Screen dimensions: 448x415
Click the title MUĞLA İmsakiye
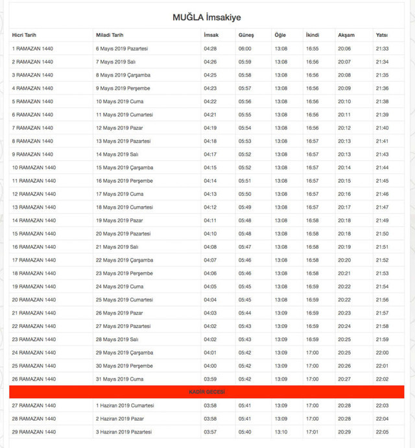pos(207,17)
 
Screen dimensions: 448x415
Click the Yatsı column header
pos(382,34)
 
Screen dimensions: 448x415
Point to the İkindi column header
pos(313,34)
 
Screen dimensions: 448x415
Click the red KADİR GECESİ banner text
pos(207,392)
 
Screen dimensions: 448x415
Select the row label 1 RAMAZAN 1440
pos(32,49)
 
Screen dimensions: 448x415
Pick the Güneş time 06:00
pos(245,49)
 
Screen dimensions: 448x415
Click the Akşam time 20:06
pos(344,49)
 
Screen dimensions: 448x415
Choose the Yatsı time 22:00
pos(382,353)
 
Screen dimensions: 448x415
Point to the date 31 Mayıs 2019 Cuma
pos(119,379)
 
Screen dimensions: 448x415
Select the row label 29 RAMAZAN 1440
pos(33,432)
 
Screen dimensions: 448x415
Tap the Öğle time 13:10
pos(281,432)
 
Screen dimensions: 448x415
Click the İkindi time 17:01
pos(313,432)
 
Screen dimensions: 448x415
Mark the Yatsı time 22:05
pos(382,432)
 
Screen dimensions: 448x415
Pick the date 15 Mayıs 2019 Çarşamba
pos(124,167)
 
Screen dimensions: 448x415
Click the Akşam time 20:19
pos(344,247)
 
